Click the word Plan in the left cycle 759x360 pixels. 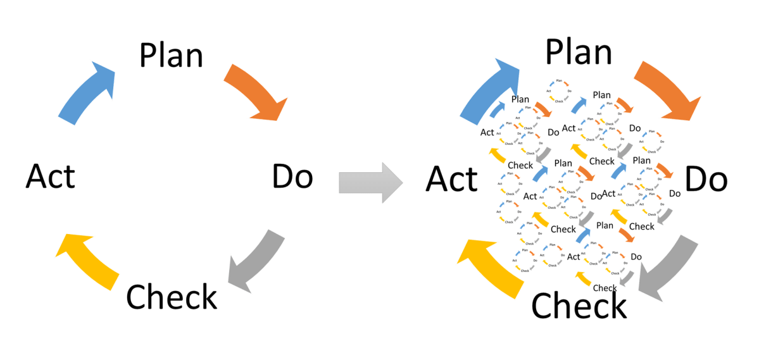171,56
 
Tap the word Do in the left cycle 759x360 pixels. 292,178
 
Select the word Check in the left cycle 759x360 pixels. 172,297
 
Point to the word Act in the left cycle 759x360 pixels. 50,177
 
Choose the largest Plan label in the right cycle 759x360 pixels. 579,53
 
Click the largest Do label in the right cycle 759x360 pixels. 706,180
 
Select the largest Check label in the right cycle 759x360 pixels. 579,306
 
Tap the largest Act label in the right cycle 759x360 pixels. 451,180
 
